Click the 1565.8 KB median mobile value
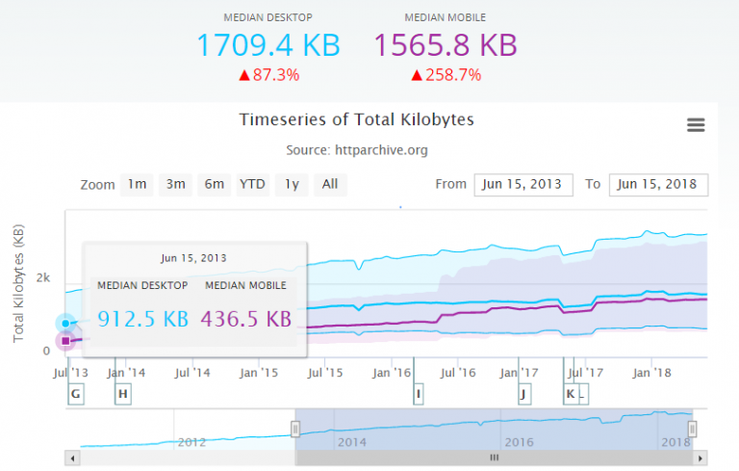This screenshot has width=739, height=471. [446, 44]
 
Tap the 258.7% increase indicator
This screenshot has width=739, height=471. [446, 74]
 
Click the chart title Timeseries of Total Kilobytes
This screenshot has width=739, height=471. [356, 120]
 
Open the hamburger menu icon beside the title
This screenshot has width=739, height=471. [696, 125]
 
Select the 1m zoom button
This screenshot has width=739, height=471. [138, 184]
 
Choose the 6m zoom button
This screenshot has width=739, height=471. [214, 184]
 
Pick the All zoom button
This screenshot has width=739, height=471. [330, 184]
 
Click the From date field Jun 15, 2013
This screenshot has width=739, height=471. [523, 184]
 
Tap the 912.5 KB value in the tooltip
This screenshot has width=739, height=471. [143, 319]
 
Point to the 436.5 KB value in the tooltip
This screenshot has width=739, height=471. [245, 319]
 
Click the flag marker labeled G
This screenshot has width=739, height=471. [76, 393]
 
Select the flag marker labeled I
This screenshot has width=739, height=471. [419, 393]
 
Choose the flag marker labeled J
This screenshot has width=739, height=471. [523, 393]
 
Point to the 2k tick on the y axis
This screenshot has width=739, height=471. [43, 277]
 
